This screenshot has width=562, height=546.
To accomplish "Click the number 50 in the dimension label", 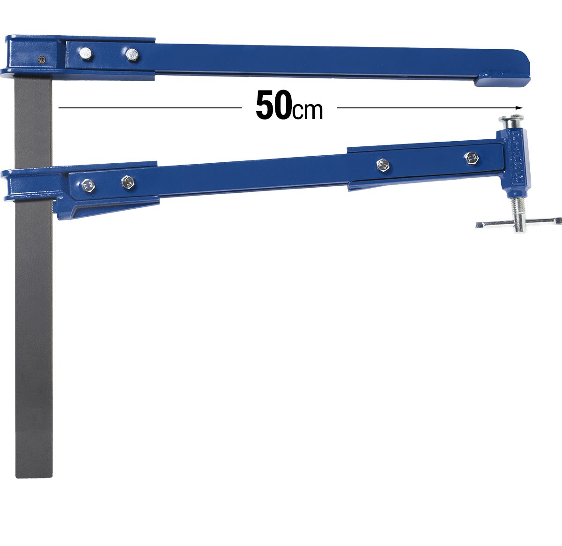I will (x=273, y=106).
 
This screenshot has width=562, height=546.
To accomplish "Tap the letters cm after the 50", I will (x=308, y=111).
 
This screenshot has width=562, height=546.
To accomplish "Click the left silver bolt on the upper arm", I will (x=86, y=54).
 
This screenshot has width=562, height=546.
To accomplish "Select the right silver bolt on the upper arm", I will (x=132, y=55).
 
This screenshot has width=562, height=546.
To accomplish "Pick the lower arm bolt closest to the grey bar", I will (x=88, y=186).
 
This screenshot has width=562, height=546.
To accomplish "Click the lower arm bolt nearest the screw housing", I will (x=470, y=158).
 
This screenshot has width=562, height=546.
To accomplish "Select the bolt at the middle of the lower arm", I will (x=383, y=165).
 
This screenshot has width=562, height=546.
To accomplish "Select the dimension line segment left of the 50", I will (x=150, y=108).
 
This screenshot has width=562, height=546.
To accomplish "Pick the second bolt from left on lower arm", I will (x=127, y=182).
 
